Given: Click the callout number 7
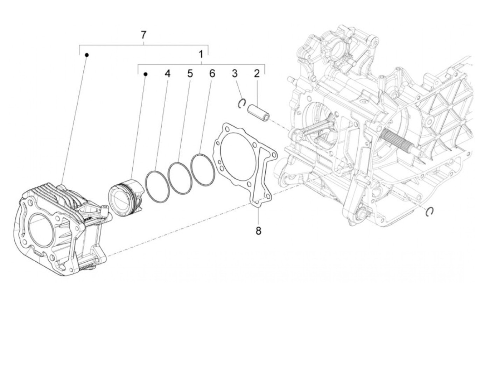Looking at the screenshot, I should tap(143, 35).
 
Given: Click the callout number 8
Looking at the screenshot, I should tap(258, 231).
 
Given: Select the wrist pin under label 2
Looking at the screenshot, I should tap(259, 112).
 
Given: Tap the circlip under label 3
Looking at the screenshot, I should tap(240, 103).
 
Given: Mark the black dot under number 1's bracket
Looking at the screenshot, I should tap(146, 74).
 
